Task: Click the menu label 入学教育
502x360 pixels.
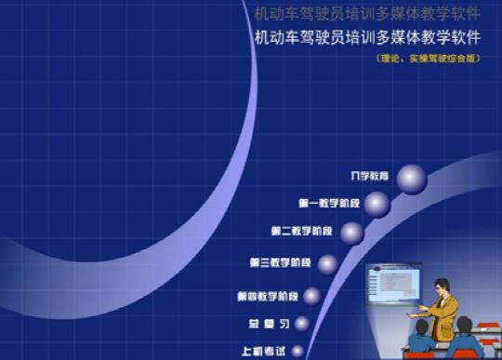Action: [369, 176]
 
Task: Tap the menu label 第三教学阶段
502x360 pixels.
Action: [281, 263]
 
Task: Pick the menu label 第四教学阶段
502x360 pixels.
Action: [267, 297]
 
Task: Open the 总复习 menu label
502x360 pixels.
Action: [265, 325]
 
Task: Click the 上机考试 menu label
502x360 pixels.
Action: [259, 352]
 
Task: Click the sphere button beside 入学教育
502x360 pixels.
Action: [411, 178]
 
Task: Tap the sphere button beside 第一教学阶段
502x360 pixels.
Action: [376, 204]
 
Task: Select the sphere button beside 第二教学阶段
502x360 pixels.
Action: [350, 233]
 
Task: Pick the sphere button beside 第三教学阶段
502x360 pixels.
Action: [327, 264]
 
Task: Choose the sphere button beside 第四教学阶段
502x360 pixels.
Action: [312, 297]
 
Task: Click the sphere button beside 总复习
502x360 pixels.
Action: [301, 324]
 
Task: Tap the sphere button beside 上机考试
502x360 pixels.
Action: [296, 351]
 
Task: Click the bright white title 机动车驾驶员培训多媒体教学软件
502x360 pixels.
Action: [366, 38]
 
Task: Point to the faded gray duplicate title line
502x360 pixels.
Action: [366, 13]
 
